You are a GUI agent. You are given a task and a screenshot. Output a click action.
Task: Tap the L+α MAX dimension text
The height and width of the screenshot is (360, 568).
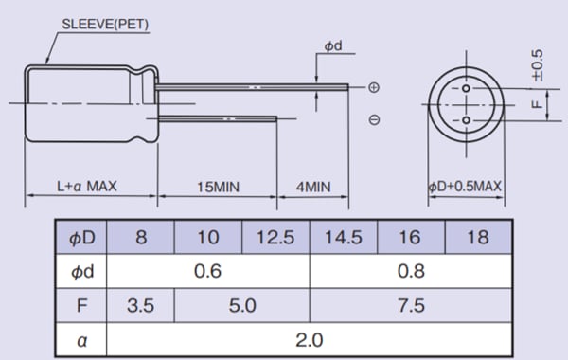point(86,187)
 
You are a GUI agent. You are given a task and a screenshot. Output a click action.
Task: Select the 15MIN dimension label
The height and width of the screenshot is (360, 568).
point(217,187)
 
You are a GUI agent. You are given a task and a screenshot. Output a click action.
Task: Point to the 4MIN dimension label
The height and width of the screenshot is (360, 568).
point(312,187)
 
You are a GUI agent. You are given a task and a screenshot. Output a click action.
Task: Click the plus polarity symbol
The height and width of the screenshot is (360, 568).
point(374,87)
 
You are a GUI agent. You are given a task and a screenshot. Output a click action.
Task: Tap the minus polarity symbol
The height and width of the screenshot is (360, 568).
point(374,120)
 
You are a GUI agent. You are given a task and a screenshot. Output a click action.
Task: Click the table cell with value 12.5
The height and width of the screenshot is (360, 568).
point(275,237)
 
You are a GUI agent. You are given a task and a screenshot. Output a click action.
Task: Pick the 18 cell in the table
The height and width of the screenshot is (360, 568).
point(478,237)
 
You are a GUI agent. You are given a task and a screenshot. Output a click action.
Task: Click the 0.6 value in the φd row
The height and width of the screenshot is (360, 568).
point(208,271)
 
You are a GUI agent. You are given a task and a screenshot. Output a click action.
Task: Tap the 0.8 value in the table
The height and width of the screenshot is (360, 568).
point(410,271)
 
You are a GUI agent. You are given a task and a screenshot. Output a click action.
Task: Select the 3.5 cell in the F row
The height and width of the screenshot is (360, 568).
point(141,305)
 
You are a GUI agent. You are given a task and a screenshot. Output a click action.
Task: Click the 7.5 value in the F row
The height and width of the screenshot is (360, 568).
point(410,305)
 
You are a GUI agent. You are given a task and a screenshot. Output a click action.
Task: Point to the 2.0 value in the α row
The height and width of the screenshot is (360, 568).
point(310,339)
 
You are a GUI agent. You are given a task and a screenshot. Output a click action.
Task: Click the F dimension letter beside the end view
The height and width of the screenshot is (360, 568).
point(537,104)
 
